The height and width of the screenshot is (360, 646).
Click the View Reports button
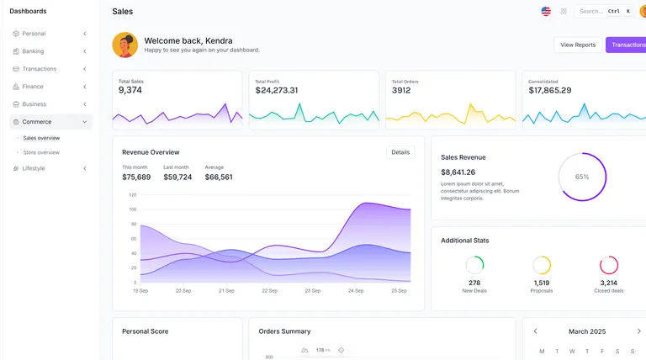(578, 45)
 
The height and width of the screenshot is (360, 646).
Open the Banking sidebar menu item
(34, 51)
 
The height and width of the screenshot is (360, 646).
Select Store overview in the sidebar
(41, 152)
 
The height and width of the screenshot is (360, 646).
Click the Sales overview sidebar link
(41, 137)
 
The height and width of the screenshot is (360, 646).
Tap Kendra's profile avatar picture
(124, 45)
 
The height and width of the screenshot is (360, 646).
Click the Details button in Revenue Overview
(400, 152)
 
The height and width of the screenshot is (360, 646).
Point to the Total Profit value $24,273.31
(277, 90)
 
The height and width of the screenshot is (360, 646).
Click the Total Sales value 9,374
(130, 90)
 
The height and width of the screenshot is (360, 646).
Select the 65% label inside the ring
(582, 177)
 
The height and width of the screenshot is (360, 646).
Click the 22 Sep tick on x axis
(269, 290)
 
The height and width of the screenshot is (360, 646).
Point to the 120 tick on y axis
(132, 194)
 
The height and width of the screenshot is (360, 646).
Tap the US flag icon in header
(546, 11)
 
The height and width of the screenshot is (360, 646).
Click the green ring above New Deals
(474, 265)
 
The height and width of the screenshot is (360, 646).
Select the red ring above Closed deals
(608, 265)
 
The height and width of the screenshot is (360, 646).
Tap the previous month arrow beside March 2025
(536, 331)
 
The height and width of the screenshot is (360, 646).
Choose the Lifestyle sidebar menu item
(34, 168)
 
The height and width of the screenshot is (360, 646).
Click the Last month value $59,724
(177, 177)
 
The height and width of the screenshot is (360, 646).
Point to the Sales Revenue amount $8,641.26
(458, 172)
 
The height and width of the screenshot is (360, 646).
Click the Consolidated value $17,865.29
(549, 90)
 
